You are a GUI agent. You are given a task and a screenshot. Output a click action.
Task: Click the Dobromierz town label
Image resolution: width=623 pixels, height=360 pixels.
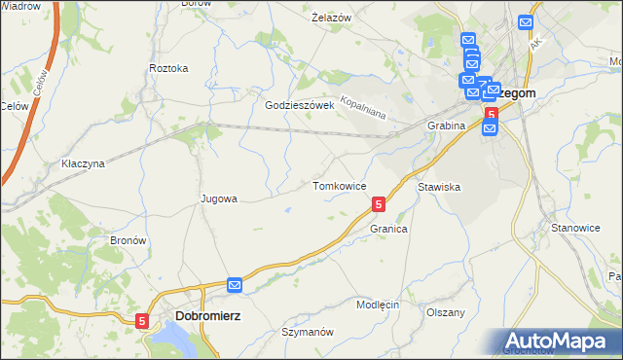point(208,316)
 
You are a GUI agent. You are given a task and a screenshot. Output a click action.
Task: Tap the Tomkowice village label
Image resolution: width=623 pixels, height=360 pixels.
point(339,185)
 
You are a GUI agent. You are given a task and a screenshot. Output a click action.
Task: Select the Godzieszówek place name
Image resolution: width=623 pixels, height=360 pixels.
point(300,105)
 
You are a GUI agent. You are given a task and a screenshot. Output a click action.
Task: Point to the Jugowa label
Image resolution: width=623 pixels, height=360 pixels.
point(219,198)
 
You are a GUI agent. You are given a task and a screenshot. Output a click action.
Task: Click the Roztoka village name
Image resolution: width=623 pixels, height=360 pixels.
point(168,68)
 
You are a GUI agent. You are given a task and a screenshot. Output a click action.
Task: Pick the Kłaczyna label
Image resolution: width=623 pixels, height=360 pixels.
point(83,163)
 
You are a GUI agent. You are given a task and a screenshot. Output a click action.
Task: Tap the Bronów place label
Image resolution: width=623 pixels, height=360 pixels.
point(128,239)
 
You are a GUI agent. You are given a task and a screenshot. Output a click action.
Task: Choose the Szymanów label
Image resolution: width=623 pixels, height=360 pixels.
point(308,331)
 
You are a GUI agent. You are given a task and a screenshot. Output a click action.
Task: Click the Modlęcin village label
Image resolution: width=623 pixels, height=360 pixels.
point(378,305)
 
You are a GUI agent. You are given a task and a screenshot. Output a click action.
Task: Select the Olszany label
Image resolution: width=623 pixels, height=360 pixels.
point(446,312)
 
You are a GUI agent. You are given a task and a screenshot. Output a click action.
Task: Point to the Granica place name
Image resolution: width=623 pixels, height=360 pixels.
point(387,229)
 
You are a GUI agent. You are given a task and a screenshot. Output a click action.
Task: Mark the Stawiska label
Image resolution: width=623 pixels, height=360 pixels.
point(438,186)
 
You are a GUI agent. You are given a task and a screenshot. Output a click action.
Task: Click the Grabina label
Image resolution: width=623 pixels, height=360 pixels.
point(446,126)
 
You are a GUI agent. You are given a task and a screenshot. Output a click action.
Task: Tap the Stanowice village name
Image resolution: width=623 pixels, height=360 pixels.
point(575,228)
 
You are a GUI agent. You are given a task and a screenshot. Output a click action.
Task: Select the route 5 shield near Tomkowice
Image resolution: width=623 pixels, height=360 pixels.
point(378,204)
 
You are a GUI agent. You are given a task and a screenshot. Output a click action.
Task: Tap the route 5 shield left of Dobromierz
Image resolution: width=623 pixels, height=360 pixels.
point(143,320)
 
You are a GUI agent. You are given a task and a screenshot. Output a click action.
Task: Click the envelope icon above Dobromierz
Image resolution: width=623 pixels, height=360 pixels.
point(235,284)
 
